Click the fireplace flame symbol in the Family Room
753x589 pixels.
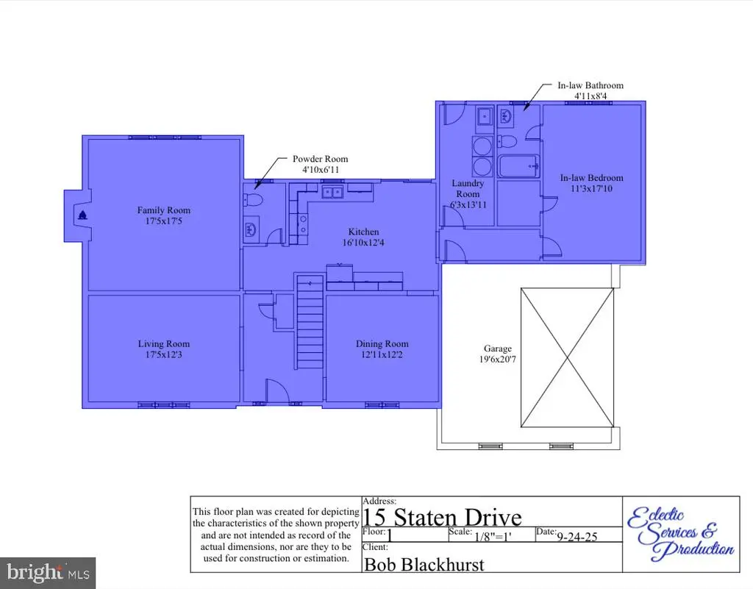(x=82, y=215)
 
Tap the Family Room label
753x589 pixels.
(x=164, y=210)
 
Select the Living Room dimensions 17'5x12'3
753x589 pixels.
(x=164, y=354)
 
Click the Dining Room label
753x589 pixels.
(x=382, y=343)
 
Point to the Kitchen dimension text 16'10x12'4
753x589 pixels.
(x=363, y=243)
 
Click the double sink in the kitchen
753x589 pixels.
(x=332, y=193)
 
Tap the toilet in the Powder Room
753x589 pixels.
(x=253, y=200)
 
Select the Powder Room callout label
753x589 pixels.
(x=321, y=159)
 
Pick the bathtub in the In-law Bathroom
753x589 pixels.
(x=518, y=166)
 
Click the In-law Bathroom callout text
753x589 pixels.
(x=590, y=85)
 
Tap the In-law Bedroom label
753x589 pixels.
(x=592, y=178)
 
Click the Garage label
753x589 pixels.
(x=498, y=349)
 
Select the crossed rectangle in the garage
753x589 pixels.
(x=567, y=357)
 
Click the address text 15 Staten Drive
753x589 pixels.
(x=442, y=517)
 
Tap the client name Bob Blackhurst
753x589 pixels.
(x=424, y=565)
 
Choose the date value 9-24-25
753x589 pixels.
(x=577, y=537)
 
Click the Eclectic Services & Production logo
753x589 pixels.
(x=680, y=534)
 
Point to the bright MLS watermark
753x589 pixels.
(x=48, y=573)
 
